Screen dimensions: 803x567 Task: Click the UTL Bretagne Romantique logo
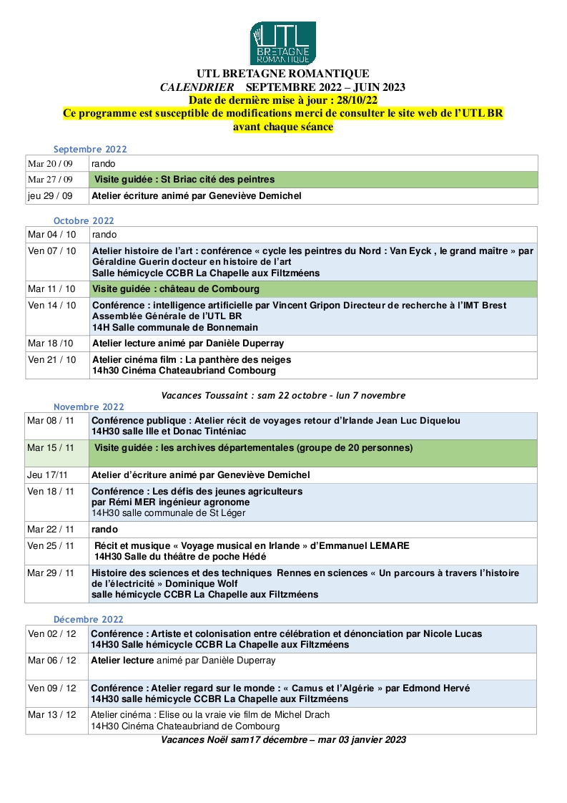click(282, 43)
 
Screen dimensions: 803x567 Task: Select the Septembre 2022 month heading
click(90, 149)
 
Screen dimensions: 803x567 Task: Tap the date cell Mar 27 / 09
click(50, 180)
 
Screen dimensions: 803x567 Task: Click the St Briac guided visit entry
click(184, 180)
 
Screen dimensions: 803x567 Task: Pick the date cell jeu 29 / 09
click(50, 195)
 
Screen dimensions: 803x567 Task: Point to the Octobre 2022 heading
click(84, 220)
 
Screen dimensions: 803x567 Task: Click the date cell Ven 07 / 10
click(51, 250)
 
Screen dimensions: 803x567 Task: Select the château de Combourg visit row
click(176, 289)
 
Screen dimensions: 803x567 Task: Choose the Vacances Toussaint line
click(283, 395)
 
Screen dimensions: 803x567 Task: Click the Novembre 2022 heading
click(89, 407)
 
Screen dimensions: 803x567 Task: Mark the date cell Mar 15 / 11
click(51, 448)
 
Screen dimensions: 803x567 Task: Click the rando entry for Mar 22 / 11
click(104, 529)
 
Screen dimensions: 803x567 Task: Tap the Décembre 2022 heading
click(88, 619)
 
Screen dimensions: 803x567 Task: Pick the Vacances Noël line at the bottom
click(283, 739)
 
